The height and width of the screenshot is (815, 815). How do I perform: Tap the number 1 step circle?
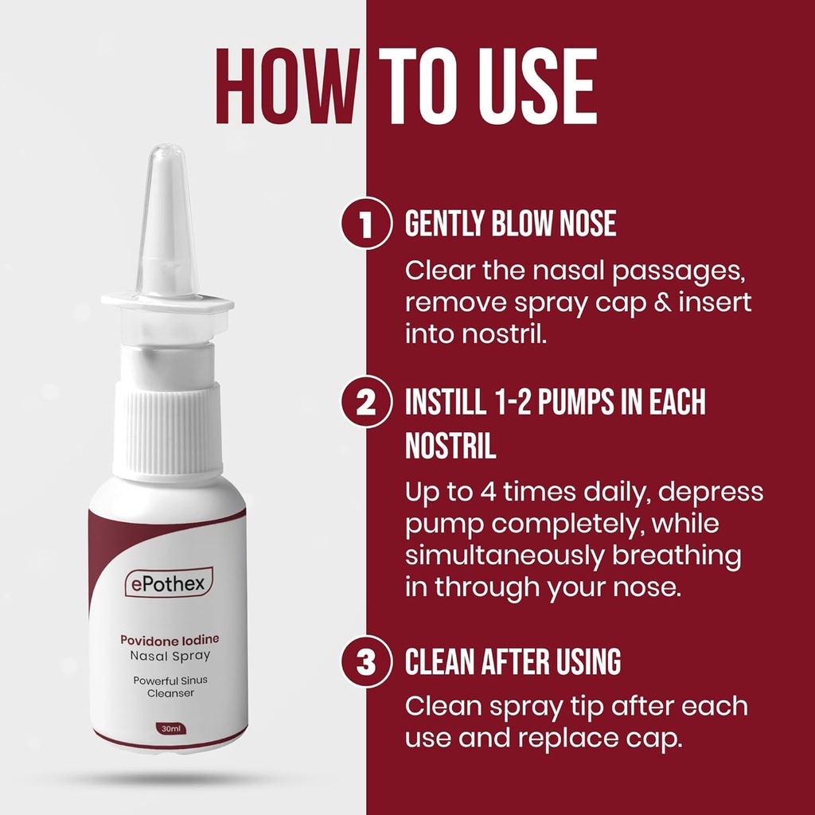(x=367, y=225)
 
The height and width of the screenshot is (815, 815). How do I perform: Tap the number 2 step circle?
(x=367, y=403)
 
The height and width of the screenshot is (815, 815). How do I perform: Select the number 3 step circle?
(x=367, y=663)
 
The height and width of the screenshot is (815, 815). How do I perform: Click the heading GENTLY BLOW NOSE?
(x=510, y=224)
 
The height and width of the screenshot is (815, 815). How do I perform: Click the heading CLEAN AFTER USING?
(x=513, y=662)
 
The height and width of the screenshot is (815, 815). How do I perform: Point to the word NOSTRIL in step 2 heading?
(x=450, y=446)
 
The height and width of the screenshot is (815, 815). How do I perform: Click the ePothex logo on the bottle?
(x=168, y=584)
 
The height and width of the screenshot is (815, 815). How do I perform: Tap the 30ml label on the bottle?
(x=169, y=728)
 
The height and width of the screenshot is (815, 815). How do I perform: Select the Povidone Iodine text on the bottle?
(x=170, y=639)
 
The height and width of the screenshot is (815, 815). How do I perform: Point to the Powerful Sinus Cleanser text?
(x=170, y=686)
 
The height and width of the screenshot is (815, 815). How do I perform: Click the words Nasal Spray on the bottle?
(x=170, y=655)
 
